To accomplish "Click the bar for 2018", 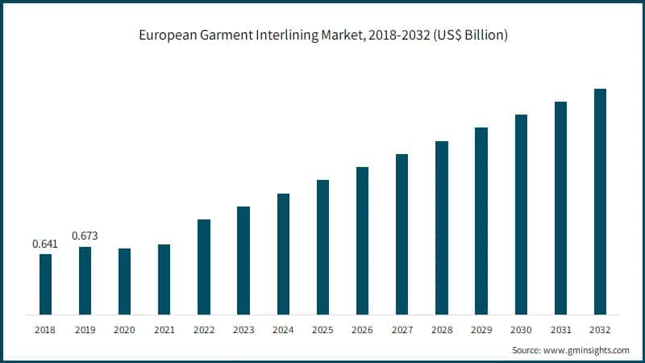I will tap(45, 284).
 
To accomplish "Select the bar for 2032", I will tap(600, 201).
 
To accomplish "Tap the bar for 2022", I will tap(204, 266).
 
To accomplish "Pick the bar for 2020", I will tap(124, 281).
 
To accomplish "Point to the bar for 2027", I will tap(402, 234).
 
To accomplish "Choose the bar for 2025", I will tap(322, 247).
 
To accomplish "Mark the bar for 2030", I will tap(521, 214).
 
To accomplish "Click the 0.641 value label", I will tap(45, 244).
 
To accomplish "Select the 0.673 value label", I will tap(85, 236).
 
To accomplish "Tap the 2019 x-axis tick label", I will tap(85, 330).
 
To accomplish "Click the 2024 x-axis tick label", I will tap(283, 330).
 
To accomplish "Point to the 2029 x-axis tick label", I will tap(481, 330).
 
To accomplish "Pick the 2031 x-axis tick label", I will tap(560, 330).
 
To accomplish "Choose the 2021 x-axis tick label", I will tap(164, 330).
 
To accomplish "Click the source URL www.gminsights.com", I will tap(586, 350).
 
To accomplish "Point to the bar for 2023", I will tap(243, 260).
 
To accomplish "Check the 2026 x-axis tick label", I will tap(362, 330).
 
